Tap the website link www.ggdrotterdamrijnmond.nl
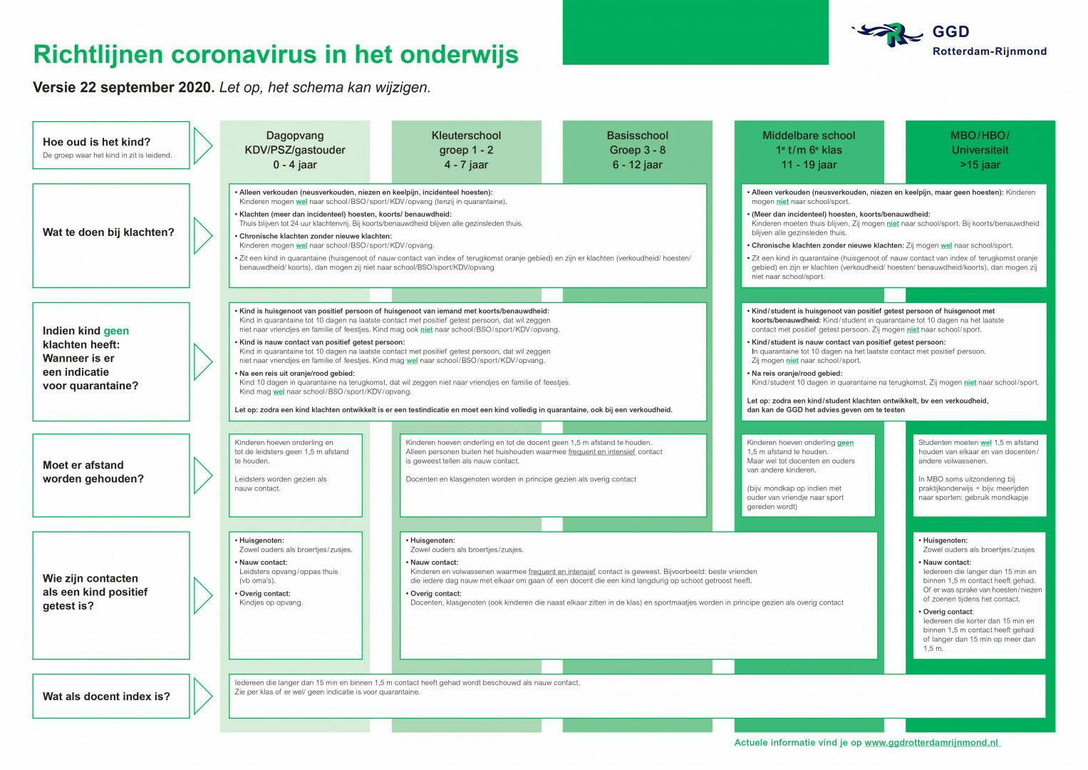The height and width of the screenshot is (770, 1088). click(x=931, y=743)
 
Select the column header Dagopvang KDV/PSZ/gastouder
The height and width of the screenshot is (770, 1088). click(x=295, y=150)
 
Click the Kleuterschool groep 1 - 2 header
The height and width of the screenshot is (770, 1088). click(x=466, y=150)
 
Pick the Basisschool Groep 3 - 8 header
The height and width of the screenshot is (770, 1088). click(x=637, y=150)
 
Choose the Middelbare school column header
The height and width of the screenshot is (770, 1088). click(x=809, y=150)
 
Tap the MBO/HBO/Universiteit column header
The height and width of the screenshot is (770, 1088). click(x=980, y=150)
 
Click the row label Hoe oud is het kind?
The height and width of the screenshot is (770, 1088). click(x=97, y=142)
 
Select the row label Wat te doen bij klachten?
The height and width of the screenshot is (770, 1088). click(x=108, y=232)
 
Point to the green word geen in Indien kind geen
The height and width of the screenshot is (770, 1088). click(x=116, y=331)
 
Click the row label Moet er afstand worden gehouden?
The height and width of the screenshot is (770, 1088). click(x=93, y=472)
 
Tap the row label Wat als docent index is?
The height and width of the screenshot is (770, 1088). click(x=106, y=697)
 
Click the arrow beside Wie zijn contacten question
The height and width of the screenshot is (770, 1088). click(x=203, y=595)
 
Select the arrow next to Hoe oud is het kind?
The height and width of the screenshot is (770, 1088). click(x=203, y=145)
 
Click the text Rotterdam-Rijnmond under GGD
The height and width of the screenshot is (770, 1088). click(x=989, y=51)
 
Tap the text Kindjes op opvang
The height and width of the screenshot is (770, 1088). click(x=271, y=602)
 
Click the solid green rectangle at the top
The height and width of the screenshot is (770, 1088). click(x=695, y=32)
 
